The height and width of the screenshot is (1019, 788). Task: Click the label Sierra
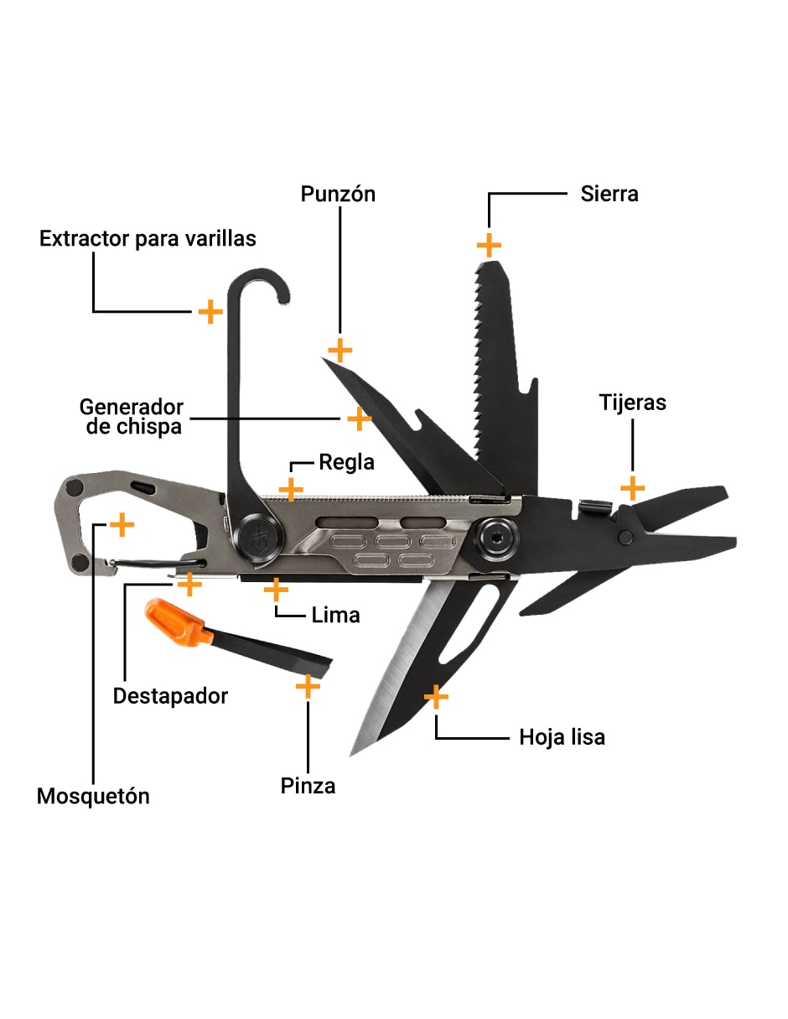tap(609, 194)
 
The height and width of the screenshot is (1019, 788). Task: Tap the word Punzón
tap(338, 194)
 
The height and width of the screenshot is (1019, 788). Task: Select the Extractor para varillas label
tap(148, 239)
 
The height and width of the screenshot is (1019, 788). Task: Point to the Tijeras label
tap(632, 403)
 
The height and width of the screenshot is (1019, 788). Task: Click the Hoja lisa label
tap(562, 738)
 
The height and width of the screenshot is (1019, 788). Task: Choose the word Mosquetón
tap(93, 797)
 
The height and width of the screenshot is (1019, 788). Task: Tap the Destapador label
tap(170, 696)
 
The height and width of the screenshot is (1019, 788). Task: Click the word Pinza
tap(308, 787)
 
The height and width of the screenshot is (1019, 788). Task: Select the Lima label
tap(335, 616)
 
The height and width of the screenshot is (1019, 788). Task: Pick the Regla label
tap(347, 462)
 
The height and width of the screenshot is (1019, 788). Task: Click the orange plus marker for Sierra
tap(489, 245)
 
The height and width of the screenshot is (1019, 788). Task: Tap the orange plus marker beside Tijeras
tap(632, 488)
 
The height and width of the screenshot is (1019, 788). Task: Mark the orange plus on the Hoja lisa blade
tap(436, 697)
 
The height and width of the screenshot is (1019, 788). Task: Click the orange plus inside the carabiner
tap(122, 524)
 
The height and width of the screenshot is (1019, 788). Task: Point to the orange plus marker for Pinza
tap(308, 687)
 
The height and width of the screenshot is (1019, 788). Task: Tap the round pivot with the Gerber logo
tap(258, 538)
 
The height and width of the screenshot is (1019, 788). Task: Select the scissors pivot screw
tap(625, 538)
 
